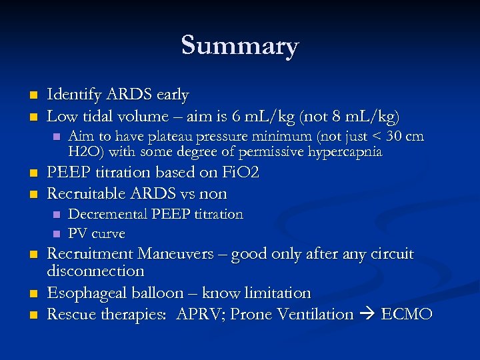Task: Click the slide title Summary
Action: (240, 46)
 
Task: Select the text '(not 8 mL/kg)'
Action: (351, 117)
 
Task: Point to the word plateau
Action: (177, 137)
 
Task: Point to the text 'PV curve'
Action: (97, 234)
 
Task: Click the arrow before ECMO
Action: (367, 315)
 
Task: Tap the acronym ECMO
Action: (407, 314)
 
